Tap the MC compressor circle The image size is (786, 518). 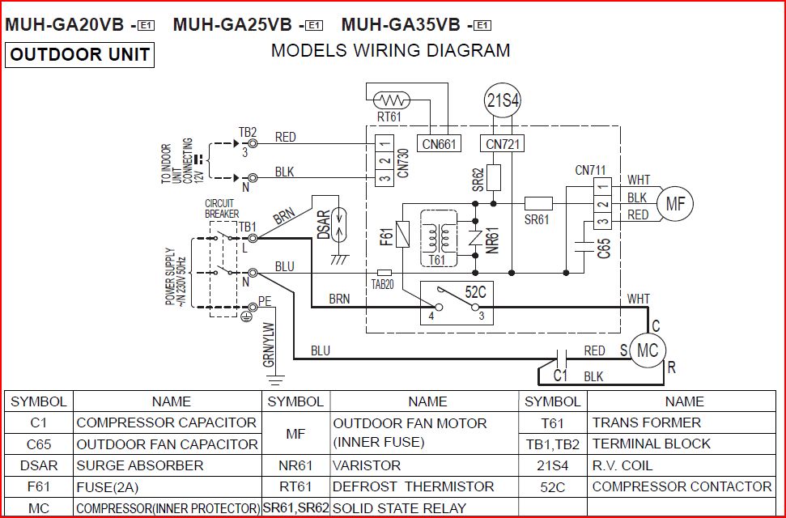(648, 350)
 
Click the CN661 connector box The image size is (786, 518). (440, 144)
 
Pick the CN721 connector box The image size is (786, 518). (503, 144)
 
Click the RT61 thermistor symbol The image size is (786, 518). (393, 101)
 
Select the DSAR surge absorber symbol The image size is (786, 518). (339, 219)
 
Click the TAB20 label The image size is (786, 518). (383, 286)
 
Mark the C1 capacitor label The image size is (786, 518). (560, 376)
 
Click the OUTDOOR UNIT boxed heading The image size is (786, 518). (80, 55)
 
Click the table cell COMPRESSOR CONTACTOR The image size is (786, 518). (682, 486)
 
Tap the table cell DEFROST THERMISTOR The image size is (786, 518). (413, 486)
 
